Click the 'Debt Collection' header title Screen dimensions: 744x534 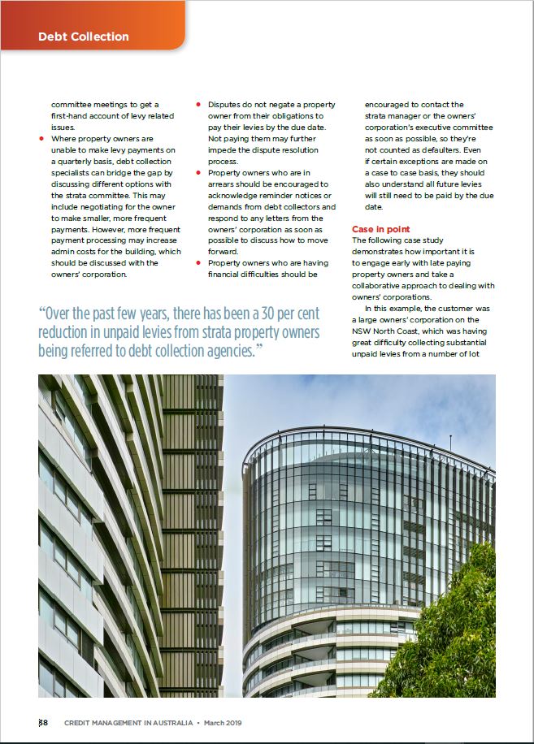84,37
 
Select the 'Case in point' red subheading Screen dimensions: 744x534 381,230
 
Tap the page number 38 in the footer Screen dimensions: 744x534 44,723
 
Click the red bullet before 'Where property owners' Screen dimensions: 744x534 41,139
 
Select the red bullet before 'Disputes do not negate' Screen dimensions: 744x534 198,105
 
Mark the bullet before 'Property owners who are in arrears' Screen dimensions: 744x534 198,173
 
